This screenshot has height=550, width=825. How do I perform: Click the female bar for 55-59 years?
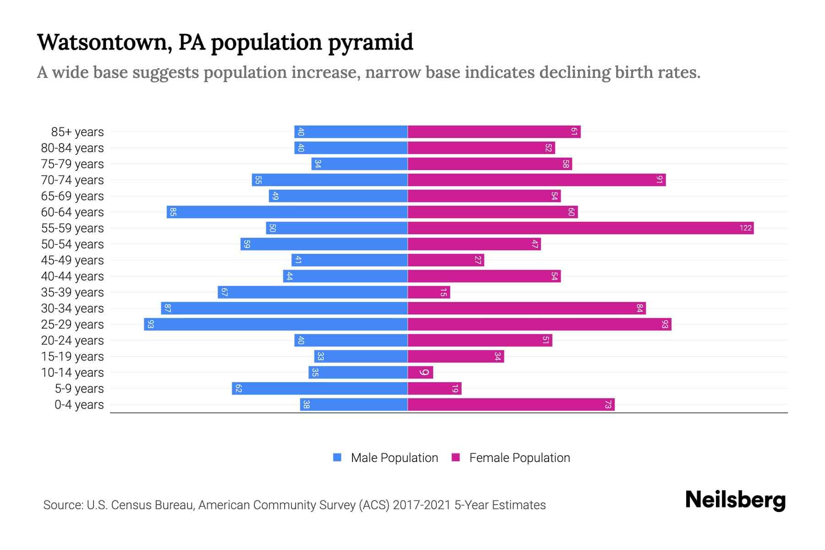click(x=580, y=228)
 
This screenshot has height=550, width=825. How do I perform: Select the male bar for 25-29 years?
click(x=275, y=324)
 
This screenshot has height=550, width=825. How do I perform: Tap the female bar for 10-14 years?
click(x=420, y=372)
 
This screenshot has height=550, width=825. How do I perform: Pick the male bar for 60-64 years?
click(x=287, y=212)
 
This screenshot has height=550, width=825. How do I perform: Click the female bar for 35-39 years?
click(x=429, y=292)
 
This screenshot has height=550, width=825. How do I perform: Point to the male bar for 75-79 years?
click(x=359, y=164)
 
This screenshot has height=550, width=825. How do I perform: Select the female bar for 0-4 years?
click(x=511, y=404)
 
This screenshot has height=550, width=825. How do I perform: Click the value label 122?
click(x=745, y=228)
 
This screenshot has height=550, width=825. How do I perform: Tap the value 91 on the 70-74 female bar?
click(x=659, y=180)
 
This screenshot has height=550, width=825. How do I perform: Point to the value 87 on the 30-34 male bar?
click(x=167, y=308)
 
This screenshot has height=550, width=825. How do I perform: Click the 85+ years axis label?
click(x=77, y=132)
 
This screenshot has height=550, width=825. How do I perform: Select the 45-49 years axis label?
click(x=72, y=260)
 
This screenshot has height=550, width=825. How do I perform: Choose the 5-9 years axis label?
click(x=79, y=389)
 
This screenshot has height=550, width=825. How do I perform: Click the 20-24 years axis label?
click(x=72, y=341)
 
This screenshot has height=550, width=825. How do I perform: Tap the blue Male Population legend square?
click(x=337, y=457)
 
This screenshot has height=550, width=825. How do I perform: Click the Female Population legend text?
click(x=519, y=457)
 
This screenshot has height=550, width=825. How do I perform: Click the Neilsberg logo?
click(x=735, y=500)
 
